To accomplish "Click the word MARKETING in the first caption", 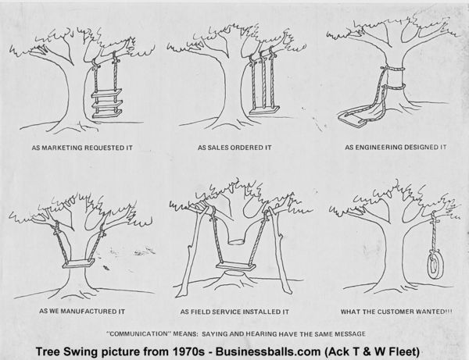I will (81, 146).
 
